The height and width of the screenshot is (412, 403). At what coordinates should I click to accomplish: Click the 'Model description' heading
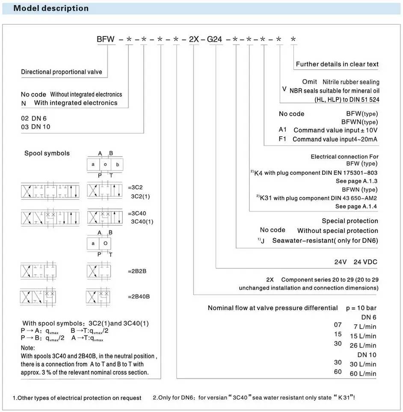coord(51,8)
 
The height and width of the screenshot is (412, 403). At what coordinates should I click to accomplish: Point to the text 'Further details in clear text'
coord(337,64)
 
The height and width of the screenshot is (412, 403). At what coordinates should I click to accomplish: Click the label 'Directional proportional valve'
coord(62,72)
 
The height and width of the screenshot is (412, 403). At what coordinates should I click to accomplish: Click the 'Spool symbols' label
coord(47,153)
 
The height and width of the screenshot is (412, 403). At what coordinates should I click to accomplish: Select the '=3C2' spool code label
coord(136,188)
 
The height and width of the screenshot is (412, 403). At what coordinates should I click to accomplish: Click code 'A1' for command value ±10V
coord(283,130)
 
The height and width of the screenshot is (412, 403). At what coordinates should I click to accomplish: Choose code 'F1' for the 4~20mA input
coord(282,139)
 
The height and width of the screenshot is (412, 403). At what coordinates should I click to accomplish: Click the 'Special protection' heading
coord(350,221)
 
